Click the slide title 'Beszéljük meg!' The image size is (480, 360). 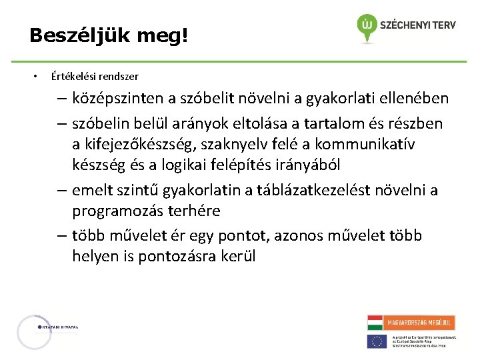point(109,35)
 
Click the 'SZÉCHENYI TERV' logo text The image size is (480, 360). point(418,25)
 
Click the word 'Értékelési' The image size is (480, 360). point(71,76)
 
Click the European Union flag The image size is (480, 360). point(377,341)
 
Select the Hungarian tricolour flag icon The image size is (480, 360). point(375,323)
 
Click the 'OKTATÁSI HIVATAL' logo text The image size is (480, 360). point(59,327)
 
